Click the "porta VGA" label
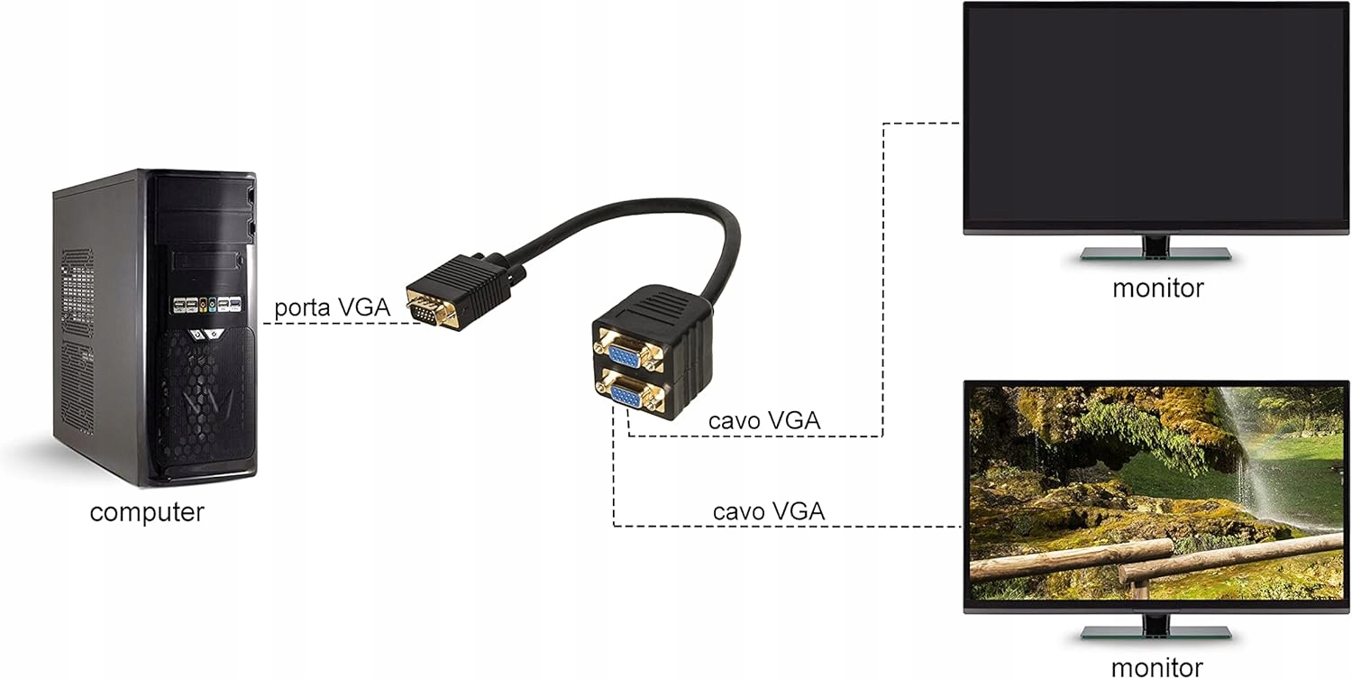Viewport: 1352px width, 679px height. [x=332, y=307]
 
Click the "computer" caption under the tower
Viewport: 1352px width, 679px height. [x=147, y=512]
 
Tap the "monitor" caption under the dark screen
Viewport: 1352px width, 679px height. [x=1157, y=289]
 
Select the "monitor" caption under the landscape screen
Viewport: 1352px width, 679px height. [x=1156, y=667]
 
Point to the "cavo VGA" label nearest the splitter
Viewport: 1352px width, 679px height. [x=764, y=420]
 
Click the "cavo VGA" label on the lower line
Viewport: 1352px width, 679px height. [x=768, y=511]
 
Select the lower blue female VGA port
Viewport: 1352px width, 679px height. [x=626, y=396]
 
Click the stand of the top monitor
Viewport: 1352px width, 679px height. [x=1156, y=250]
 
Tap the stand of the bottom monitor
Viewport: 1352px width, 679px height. [x=1156, y=628]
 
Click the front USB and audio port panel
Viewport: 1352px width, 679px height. [x=206, y=304]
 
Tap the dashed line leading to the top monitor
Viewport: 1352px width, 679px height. [x=883, y=271]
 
